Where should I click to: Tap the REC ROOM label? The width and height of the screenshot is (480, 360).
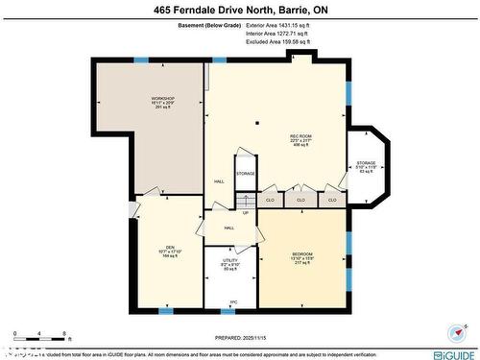point(300,136)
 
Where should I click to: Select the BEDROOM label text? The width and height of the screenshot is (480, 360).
point(302,253)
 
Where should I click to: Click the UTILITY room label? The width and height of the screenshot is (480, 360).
point(230,260)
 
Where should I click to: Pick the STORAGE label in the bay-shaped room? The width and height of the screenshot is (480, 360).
point(367,163)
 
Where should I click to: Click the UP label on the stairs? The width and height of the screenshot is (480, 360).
point(246,213)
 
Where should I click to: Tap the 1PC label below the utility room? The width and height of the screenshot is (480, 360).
point(232,301)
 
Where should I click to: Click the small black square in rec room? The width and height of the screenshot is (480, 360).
point(257,123)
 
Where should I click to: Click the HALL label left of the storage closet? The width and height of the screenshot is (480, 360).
point(219,180)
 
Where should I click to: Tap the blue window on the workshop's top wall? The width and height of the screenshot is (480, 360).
point(141,60)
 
